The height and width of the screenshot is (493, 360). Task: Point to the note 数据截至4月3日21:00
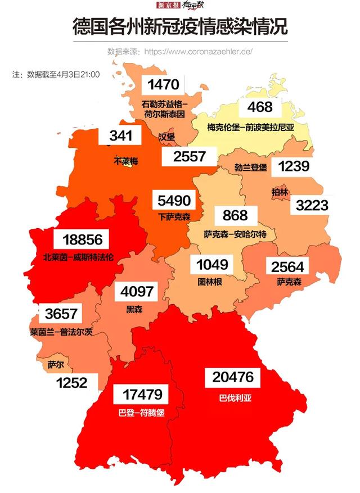pos(56,74)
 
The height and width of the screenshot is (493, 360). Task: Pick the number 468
pos(260,107)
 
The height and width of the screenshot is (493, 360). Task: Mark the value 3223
pos(312,205)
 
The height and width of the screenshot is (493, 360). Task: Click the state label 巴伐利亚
pos(235,398)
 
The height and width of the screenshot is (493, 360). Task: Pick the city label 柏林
pos(280,192)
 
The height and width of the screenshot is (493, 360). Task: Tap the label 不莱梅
pos(126,161)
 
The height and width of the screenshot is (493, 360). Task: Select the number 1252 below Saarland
pos(71,383)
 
